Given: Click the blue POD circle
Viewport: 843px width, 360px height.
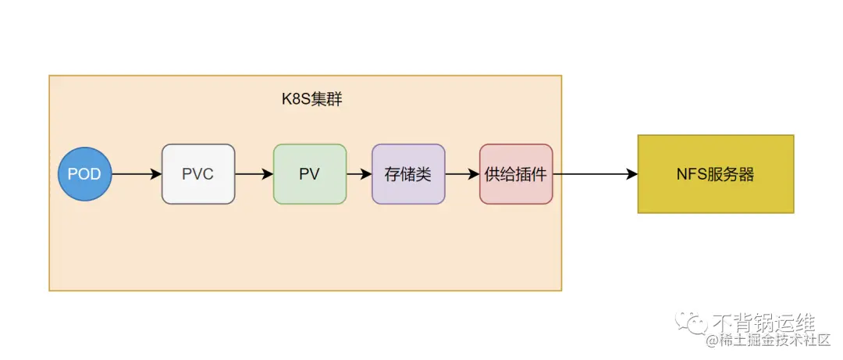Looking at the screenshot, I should [x=85, y=173].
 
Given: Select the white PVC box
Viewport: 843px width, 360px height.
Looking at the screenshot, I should [x=198, y=173].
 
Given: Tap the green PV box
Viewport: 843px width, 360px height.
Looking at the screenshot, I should [x=309, y=173].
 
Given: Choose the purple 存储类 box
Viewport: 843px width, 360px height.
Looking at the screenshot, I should [x=408, y=173].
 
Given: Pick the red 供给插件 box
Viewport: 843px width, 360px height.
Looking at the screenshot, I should [x=516, y=173].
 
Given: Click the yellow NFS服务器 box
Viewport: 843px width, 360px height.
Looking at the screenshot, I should [x=715, y=173].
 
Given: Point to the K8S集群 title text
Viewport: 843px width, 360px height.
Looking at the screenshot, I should [x=311, y=101].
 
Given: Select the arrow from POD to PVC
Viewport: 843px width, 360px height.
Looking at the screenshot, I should [x=136, y=173].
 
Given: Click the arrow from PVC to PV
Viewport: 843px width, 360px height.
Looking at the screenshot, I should [x=254, y=173].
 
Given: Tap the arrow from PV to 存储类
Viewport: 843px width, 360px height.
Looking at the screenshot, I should [x=359, y=173].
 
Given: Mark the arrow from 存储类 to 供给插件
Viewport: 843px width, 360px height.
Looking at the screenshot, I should [x=462, y=173].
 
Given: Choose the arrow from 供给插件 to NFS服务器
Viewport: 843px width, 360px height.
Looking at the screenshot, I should [x=595, y=173].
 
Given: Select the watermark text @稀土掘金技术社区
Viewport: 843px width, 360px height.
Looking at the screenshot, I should [x=768, y=340].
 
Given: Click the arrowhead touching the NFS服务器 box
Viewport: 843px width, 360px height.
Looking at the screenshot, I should [x=631, y=173].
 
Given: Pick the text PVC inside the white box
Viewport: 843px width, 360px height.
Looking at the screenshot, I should [x=198, y=174].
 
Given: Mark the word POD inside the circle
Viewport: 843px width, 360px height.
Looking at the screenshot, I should [x=85, y=174].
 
